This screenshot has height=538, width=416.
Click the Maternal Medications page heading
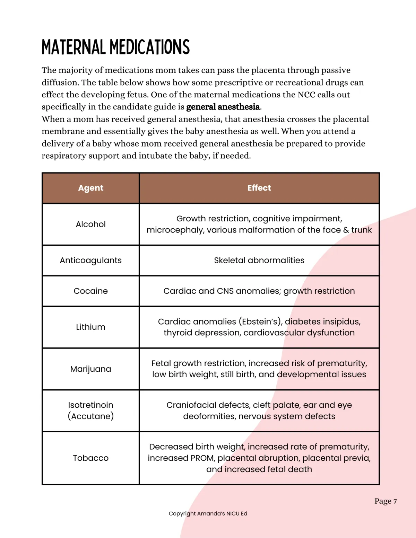[x=115, y=47]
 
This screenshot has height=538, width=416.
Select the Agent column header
[x=90, y=188]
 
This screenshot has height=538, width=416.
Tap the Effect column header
[x=259, y=188]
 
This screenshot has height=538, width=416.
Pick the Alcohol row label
[x=90, y=224]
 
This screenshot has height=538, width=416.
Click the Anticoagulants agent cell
[x=90, y=261]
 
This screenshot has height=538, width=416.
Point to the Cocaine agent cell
[x=90, y=291]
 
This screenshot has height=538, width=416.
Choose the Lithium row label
[x=90, y=327]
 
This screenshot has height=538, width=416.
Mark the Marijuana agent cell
[x=90, y=369]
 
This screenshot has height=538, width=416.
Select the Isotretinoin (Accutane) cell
[x=90, y=411]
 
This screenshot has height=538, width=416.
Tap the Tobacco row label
[x=90, y=458]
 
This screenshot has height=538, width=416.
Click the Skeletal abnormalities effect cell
[x=259, y=261]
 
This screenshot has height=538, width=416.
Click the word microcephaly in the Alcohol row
[x=175, y=230]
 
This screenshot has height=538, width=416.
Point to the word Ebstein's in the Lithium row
[x=260, y=322]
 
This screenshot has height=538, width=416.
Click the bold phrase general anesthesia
[x=223, y=107]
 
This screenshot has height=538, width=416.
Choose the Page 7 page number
[x=385, y=501]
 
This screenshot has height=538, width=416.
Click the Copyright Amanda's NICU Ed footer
[x=208, y=514]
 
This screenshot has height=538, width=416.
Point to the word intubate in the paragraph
[x=155, y=156]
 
